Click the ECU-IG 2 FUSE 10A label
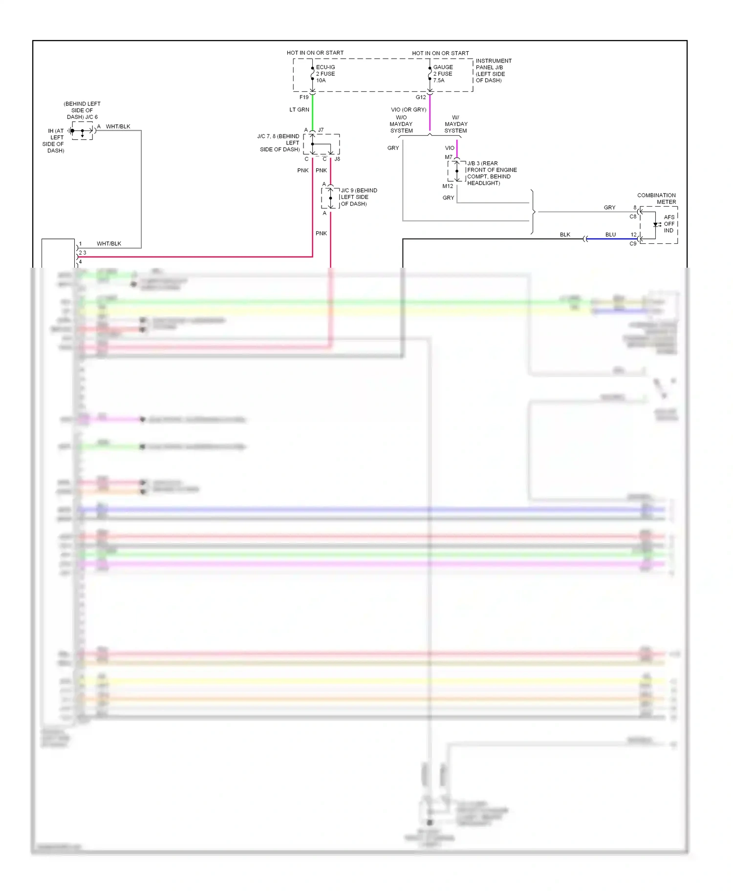coord(325,74)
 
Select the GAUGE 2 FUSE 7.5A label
coord(443,74)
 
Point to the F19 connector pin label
coord(304,97)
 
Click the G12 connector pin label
coord(421,97)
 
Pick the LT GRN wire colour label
coord(299,110)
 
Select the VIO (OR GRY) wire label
coord(409,110)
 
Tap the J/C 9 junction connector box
coord(330,198)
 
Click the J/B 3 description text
coord(491,173)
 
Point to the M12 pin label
coord(448,186)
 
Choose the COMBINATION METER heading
coord(656,198)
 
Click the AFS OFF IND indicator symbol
coord(657,225)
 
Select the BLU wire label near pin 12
coord(610,234)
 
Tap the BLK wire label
coord(565,234)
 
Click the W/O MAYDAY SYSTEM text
coord(401,124)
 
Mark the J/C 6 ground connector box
coord(82,131)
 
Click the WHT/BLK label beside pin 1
coord(108,243)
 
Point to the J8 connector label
coord(337,159)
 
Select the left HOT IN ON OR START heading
coord(315,53)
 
